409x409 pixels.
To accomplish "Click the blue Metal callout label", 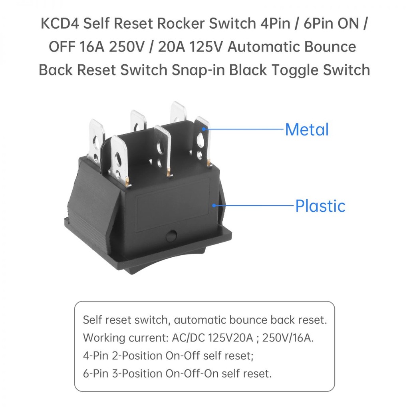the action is coord(307,130).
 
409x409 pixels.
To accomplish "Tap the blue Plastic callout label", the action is coord(320,206).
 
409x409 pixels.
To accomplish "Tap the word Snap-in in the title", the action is coord(203,70).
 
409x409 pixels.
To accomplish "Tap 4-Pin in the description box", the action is coord(96,355).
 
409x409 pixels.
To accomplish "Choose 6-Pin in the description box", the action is coord(96,373).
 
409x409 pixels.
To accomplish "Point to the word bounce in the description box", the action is coord(253,320).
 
